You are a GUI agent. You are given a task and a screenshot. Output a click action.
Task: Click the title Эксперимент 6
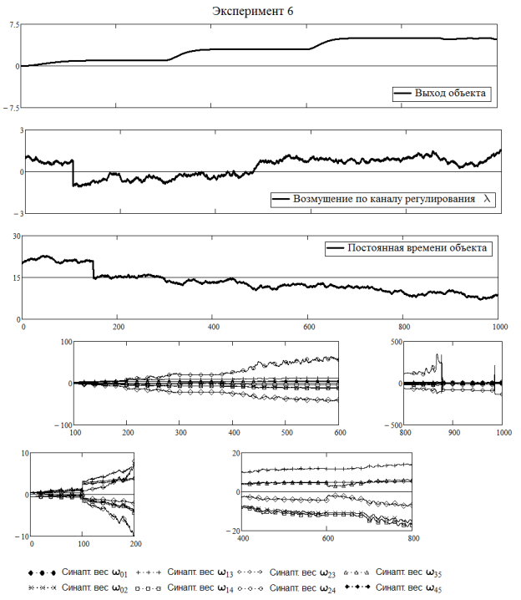point(253,11)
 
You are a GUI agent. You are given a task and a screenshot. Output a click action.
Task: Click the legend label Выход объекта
point(450,93)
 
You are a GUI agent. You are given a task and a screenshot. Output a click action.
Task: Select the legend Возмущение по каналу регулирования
point(384,199)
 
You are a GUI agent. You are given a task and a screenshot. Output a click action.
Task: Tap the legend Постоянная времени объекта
point(417,248)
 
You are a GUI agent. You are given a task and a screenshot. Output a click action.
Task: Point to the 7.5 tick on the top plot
point(14,25)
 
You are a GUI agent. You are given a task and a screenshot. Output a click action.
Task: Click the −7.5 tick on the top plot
point(12,109)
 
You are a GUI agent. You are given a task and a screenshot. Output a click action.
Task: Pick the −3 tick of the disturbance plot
point(19,214)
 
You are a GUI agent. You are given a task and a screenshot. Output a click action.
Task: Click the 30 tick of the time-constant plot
point(17,236)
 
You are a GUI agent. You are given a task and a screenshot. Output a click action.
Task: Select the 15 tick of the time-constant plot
point(17,277)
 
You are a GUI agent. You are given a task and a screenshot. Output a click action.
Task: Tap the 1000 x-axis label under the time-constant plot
point(500,327)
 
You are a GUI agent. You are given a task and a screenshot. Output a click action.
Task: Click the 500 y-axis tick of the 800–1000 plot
point(397,342)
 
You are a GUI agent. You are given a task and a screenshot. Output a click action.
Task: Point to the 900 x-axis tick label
point(454,432)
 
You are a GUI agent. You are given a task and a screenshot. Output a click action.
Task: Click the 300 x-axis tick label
point(181,432)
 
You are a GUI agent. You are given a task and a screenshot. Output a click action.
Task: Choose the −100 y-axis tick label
point(63,425)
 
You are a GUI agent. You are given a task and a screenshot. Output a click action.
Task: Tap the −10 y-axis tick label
point(23,536)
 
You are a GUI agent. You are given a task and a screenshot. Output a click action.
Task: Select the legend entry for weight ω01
point(78,572)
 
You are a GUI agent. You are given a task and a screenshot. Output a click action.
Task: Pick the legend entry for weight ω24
point(286,588)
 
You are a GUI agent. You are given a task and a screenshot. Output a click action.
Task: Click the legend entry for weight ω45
point(393,587)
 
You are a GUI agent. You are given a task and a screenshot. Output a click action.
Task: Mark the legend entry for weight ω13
point(185,572)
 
